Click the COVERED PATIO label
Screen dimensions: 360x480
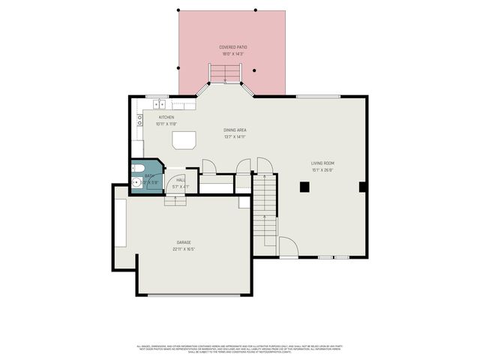click(x=232, y=47)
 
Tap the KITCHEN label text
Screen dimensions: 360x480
click(x=166, y=118)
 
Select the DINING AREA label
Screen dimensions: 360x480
click(x=235, y=130)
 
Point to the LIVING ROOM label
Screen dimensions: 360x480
click(x=322, y=163)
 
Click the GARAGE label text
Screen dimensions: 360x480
click(x=184, y=242)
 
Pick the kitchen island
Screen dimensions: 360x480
click(x=184, y=140)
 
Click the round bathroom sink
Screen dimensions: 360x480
click(x=135, y=181)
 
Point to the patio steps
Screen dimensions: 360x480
click(x=225, y=73)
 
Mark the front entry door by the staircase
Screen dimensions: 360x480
click(x=288, y=247)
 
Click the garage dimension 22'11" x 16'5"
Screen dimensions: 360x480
click(x=184, y=248)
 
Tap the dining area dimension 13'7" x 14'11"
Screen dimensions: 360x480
click(x=235, y=136)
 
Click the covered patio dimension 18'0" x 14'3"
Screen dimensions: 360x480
click(x=232, y=54)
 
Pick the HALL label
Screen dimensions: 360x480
click(x=180, y=180)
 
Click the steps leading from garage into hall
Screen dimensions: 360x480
click(x=175, y=199)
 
